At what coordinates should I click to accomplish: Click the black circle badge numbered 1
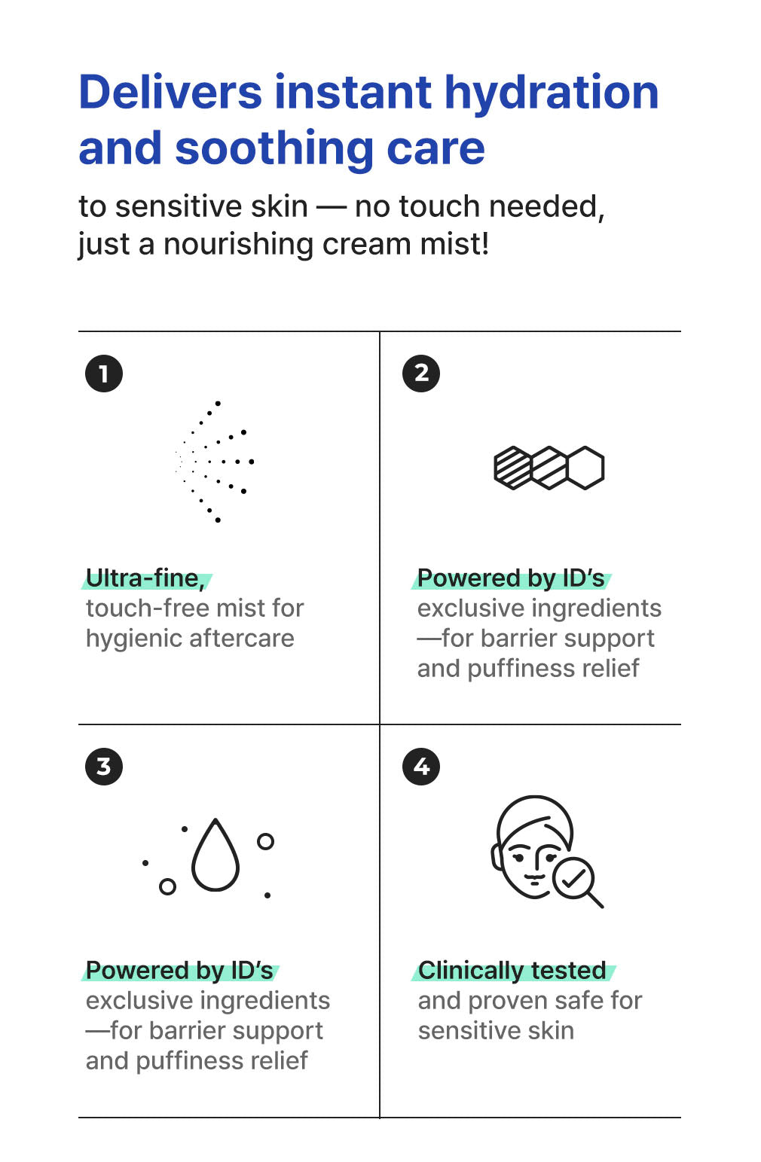104,374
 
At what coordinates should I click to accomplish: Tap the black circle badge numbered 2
421,374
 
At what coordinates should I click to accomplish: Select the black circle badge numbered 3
104,766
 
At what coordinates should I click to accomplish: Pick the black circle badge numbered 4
421,766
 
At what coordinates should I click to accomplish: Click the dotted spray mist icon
215,461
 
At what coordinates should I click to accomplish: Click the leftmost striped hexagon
512,468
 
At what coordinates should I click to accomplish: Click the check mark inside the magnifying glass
573,878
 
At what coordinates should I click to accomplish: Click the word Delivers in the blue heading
170,93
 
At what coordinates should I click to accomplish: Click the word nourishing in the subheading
239,244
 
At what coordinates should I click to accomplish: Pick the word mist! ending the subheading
455,244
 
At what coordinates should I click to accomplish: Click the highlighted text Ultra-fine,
146,578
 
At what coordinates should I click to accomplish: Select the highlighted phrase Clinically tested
512,971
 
